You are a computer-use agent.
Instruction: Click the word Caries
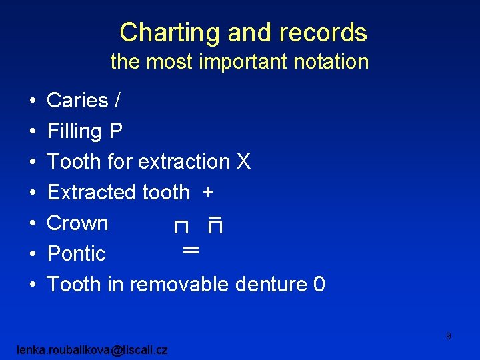coord(77,101)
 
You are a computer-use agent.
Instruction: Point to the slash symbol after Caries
coord(118,101)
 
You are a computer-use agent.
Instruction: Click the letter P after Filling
coord(115,131)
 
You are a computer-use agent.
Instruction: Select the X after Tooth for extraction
coord(243,162)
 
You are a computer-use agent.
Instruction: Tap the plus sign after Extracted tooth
coord(209,192)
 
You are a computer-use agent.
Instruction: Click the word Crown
coord(77,223)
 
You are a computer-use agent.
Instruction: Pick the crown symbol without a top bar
coord(181,228)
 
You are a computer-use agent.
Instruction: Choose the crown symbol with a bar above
coord(215,225)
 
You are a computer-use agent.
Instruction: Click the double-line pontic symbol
coord(191,251)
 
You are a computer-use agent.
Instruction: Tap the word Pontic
coord(76,254)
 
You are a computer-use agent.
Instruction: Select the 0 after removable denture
coord(319,285)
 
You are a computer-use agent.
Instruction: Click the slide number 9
coord(449,336)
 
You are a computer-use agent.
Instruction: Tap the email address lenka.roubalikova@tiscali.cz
coord(94,349)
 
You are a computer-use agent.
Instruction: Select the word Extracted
coord(93,193)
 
